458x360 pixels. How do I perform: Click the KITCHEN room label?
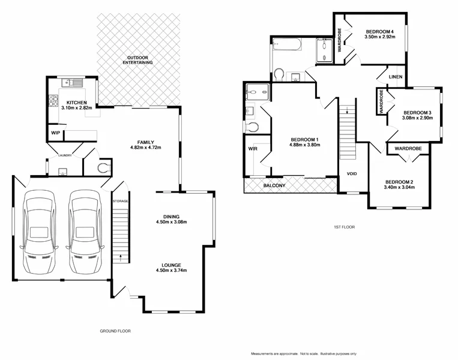click(x=76, y=102)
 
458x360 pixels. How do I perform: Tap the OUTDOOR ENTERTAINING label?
click(x=137, y=59)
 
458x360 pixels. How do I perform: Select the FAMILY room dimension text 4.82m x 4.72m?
click(x=146, y=148)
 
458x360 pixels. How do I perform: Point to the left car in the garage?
click(x=37, y=231)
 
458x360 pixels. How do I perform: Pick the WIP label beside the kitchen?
click(x=55, y=133)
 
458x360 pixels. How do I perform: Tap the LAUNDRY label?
click(x=65, y=156)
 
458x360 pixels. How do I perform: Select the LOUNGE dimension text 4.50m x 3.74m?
click(x=171, y=271)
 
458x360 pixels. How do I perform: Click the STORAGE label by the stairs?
click(x=121, y=201)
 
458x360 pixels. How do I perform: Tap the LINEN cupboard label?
click(x=394, y=77)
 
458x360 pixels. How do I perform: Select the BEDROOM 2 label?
click(x=399, y=182)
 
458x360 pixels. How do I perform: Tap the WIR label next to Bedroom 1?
click(x=252, y=148)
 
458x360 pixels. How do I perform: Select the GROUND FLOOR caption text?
click(x=114, y=331)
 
